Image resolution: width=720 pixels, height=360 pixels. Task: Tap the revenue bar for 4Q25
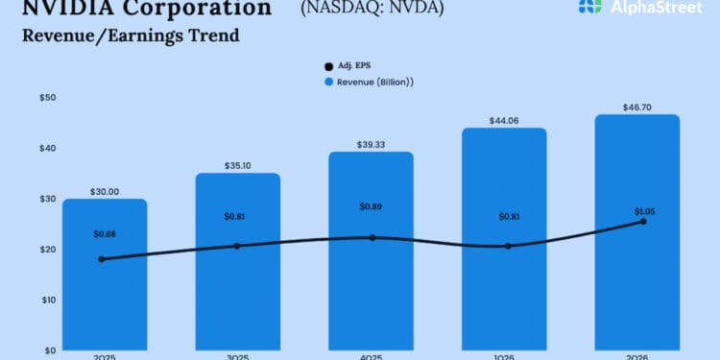(x=371, y=288)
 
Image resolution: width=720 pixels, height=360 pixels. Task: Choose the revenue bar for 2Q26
(x=636, y=288)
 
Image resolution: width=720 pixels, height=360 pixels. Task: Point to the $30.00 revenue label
(x=105, y=192)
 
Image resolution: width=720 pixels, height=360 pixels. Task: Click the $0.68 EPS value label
(x=105, y=233)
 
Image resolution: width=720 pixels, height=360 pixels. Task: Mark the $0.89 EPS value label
(x=371, y=206)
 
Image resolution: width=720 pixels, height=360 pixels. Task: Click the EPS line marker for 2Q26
(x=643, y=222)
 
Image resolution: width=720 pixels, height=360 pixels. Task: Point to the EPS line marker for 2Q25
(x=102, y=259)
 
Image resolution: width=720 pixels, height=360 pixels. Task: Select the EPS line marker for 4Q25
(x=371, y=237)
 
